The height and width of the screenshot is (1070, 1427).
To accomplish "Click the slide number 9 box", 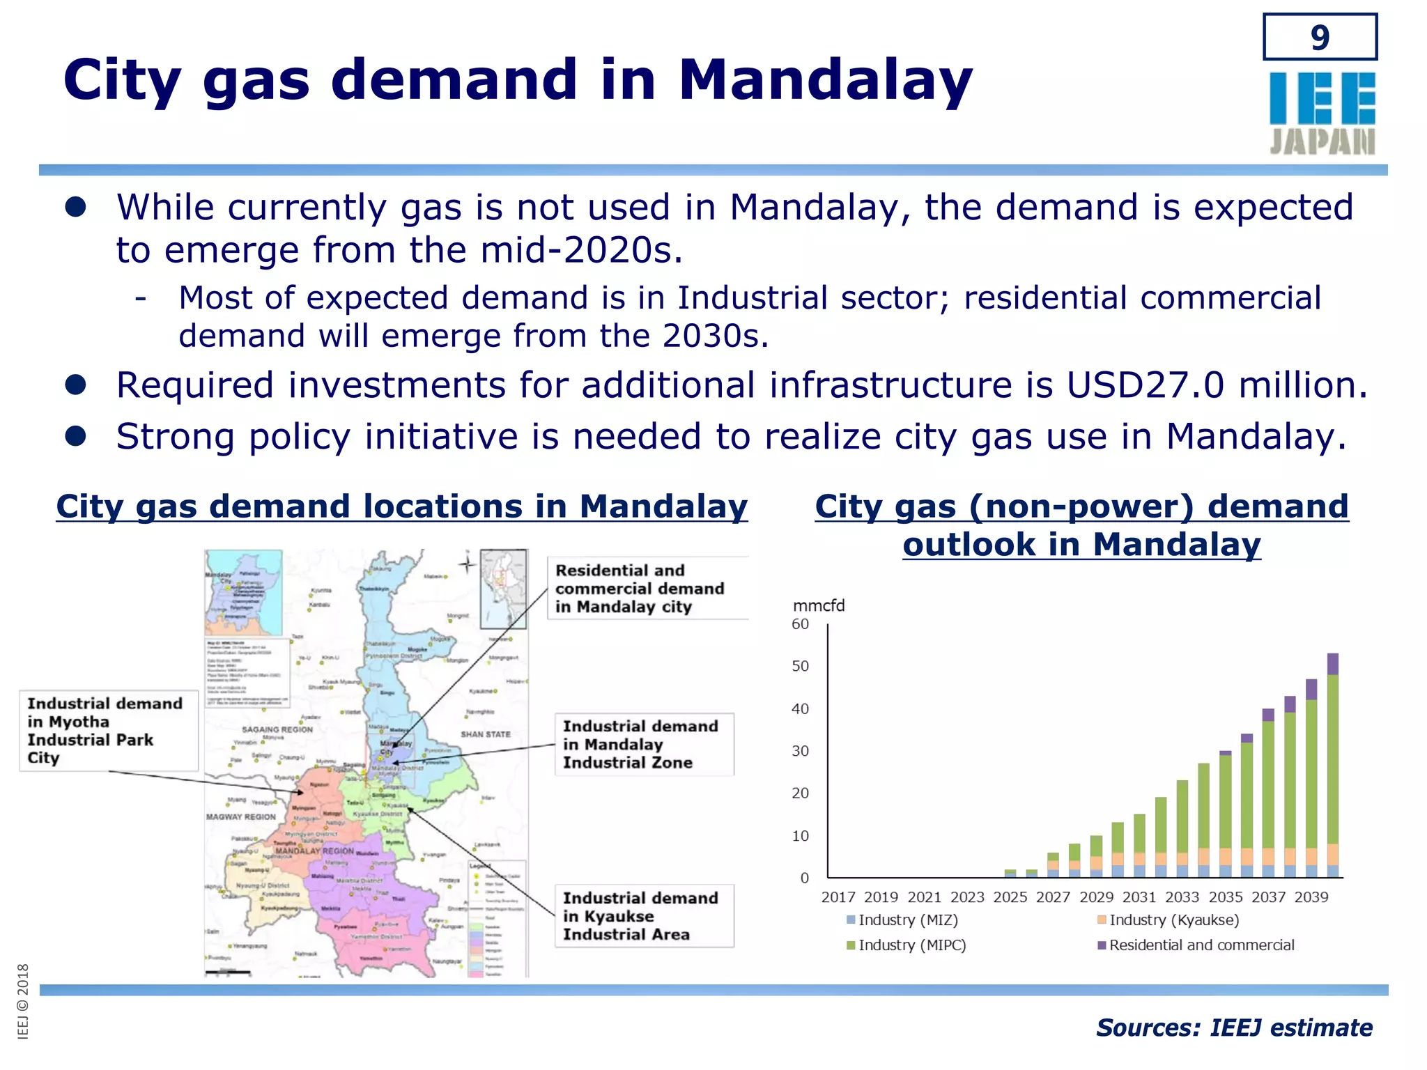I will point(1320,37).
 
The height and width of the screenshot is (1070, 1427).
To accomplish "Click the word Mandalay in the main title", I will point(825,80).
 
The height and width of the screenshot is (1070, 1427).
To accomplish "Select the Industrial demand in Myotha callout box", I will point(108,730).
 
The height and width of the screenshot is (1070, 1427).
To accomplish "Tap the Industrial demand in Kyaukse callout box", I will point(643,916).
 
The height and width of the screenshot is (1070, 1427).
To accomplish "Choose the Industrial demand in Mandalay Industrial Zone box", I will point(643,744).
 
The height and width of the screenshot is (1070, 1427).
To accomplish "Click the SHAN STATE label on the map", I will point(486,734).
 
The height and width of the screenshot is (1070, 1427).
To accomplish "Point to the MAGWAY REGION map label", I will point(241,816).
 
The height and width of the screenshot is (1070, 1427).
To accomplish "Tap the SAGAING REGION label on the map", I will point(277,729).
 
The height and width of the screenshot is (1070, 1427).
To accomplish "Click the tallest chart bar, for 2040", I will point(1333,766).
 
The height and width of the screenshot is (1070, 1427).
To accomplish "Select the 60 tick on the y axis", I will point(801,624).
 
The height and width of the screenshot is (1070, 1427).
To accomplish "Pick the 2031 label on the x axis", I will point(1139,897).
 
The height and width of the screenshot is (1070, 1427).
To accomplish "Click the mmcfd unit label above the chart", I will point(819,605).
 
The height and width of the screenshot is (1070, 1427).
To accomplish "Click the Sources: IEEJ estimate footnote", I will point(1233,1028).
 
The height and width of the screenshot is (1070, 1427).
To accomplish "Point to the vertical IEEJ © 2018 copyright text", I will point(23,1001).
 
